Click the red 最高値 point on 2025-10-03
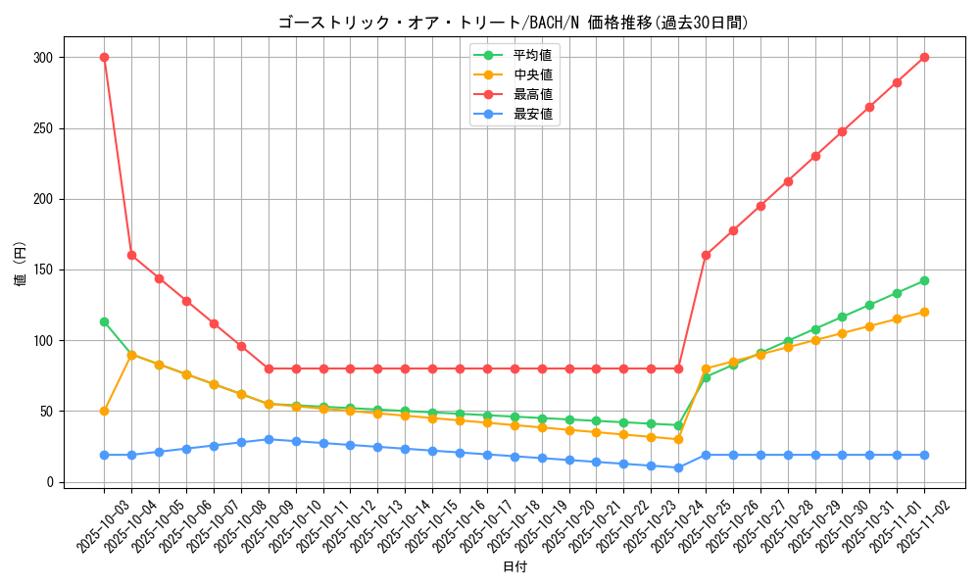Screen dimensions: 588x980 pos(104,57)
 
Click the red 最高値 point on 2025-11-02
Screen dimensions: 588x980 pos(924,57)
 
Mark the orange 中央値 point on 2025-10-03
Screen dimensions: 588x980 pos(104,411)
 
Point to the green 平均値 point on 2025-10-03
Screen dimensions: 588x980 pos(104,321)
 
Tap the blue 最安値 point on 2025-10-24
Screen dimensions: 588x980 pos(678,467)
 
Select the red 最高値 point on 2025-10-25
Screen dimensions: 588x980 pos(706,255)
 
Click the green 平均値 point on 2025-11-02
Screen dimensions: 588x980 pos(924,280)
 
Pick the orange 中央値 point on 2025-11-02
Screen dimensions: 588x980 pos(924,312)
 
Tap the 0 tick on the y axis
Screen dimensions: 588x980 pos(50,482)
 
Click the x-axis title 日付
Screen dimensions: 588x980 pos(514,567)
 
